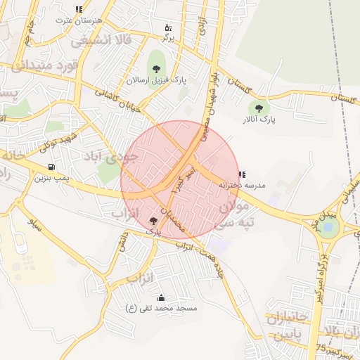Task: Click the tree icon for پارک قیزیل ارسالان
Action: coord(155,69)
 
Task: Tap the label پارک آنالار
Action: coord(259,120)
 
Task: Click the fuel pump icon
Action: coord(51,167)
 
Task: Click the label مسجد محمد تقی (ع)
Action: coord(161,309)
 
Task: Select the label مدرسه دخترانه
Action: coord(242,185)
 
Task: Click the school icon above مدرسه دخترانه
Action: coord(242,174)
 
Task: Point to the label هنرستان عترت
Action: coord(78,20)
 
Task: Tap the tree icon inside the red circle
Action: coord(153,220)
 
